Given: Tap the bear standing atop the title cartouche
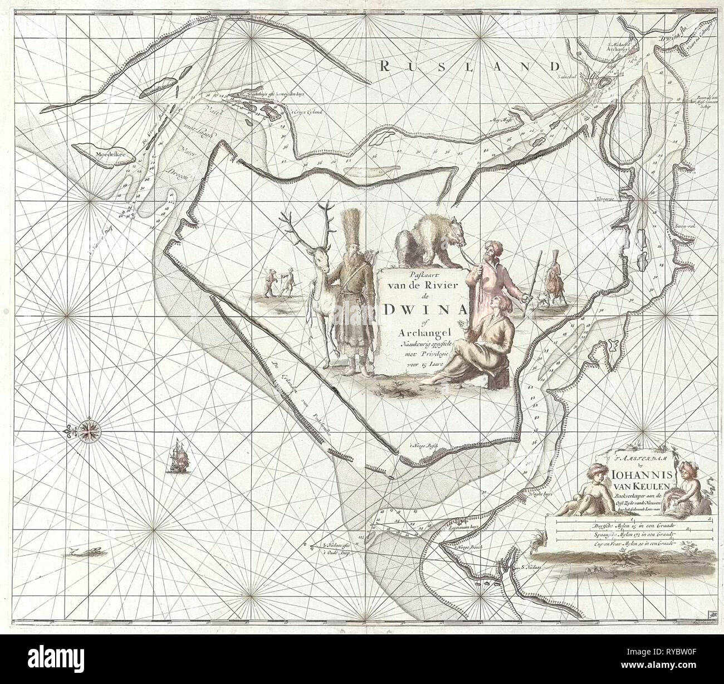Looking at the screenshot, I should [428, 239].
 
